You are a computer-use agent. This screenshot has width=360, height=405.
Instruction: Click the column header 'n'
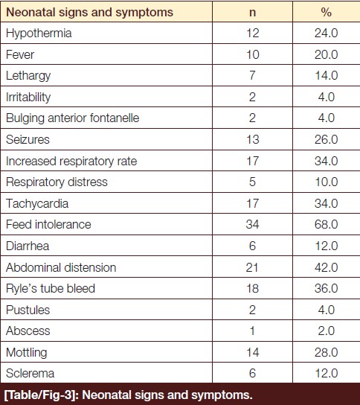click(x=252, y=13)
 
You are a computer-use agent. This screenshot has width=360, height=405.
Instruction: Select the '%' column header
click(x=327, y=12)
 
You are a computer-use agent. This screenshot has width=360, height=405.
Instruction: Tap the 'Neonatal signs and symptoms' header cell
click(x=89, y=13)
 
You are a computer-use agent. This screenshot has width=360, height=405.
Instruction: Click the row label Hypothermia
click(x=39, y=34)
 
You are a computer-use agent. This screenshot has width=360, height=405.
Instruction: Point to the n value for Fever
click(x=253, y=54)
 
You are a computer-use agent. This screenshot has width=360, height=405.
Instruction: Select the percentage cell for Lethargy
click(x=327, y=76)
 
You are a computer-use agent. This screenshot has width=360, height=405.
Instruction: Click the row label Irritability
click(x=28, y=97)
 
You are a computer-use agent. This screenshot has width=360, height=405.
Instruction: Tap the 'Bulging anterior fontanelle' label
click(x=72, y=118)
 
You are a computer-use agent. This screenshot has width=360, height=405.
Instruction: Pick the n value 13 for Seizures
click(x=253, y=139)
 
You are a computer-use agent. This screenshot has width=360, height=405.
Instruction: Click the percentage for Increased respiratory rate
click(x=327, y=161)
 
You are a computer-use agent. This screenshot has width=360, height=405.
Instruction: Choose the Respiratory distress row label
click(x=57, y=182)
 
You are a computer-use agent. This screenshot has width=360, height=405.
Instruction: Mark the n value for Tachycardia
click(x=253, y=203)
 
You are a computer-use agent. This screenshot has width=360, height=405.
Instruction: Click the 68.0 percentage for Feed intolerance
click(x=327, y=224)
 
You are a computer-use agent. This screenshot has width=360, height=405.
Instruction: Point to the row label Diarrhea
click(x=28, y=246)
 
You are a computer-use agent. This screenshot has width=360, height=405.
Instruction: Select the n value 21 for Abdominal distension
click(x=252, y=267)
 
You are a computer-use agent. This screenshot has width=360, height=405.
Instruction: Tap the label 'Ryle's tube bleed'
click(x=51, y=289)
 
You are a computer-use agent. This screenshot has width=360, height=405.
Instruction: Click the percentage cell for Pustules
click(x=327, y=310)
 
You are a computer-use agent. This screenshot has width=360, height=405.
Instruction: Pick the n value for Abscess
click(x=252, y=331)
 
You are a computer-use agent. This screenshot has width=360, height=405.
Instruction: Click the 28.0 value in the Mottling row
click(x=327, y=352)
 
